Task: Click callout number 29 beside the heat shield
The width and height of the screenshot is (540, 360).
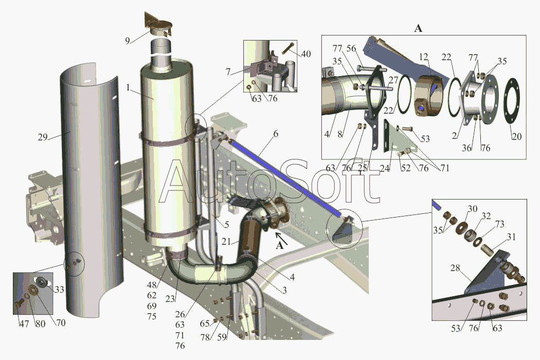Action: point(43,137)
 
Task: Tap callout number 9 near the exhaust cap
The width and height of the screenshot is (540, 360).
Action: point(128,41)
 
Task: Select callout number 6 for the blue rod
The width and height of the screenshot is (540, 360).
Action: point(276,134)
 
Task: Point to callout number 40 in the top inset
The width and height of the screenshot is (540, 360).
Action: point(306,54)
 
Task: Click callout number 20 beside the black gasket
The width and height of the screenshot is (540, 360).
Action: point(516,136)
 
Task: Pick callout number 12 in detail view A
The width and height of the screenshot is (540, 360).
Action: point(424,57)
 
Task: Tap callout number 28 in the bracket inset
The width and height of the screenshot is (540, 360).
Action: point(455,267)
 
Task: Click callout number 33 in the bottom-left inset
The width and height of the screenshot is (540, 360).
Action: point(60,290)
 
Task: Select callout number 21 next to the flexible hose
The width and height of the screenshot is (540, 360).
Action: point(226,242)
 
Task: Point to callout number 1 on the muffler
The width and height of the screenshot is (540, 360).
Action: point(128,88)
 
